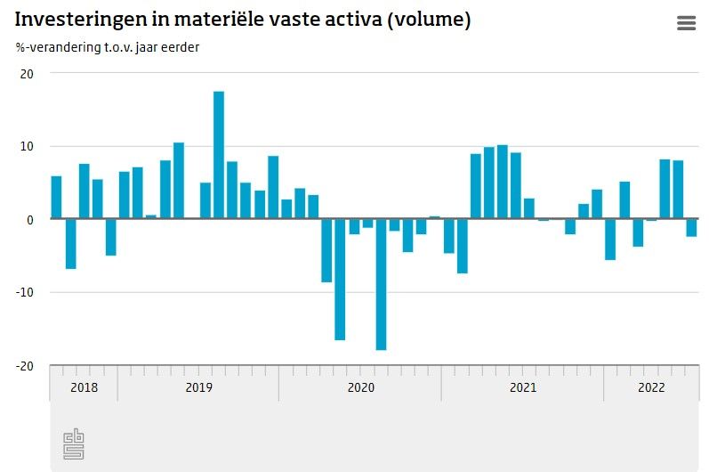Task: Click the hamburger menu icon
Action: [686, 24]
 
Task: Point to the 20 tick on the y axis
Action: [26, 74]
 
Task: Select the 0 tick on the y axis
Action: [29, 219]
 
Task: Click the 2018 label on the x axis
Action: [84, 387]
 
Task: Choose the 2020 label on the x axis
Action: [360, 387]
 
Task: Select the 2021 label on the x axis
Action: [522, 387]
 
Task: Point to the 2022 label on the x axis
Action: [651, 387]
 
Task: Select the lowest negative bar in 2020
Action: [381, 284]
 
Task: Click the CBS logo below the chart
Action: [74, 444]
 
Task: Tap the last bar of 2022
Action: [691, 227]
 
